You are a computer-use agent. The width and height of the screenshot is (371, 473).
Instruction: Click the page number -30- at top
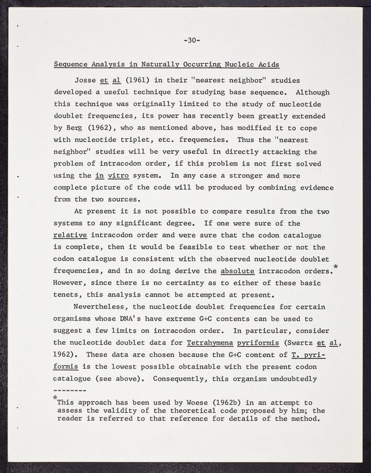pyautogui.click(x=192, y=40)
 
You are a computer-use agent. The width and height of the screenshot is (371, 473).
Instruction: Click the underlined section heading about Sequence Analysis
pyautogui.click(x=167, y=64)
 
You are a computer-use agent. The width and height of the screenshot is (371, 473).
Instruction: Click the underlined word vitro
pyautogui.click(x=119, y=176)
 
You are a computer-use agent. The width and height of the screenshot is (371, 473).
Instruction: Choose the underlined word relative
pyautogui.click(x=70, y=235)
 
